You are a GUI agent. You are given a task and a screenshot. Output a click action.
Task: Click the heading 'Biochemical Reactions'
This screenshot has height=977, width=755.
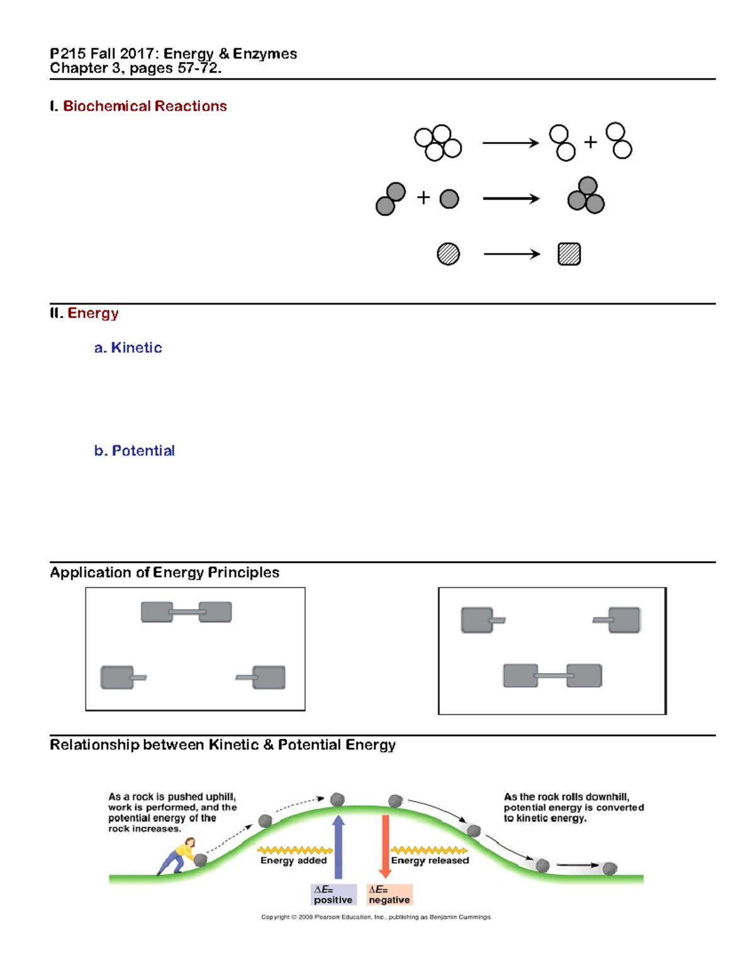[145, 106]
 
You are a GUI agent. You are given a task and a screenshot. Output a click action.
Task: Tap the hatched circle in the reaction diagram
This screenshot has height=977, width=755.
[448, 254]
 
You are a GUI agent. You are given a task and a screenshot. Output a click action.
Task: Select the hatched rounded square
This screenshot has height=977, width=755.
[569, 254]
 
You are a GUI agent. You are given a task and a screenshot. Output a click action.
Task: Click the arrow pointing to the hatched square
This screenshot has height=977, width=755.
[512, 254]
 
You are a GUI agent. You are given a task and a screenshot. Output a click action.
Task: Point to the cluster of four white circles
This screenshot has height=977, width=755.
[438, 143]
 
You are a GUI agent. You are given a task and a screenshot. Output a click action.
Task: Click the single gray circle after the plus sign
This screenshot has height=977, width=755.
[449, 199]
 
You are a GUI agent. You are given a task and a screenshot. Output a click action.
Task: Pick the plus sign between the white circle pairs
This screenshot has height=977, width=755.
[590, 142]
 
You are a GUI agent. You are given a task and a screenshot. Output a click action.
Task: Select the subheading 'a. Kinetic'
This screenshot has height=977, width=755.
[128, 348]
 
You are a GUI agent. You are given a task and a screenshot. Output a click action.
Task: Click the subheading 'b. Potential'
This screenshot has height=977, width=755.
[135, 451]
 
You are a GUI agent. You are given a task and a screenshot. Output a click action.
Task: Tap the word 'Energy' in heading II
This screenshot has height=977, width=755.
[93, 313]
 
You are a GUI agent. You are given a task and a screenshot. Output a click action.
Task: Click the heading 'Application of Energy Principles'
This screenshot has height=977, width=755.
[165, 572]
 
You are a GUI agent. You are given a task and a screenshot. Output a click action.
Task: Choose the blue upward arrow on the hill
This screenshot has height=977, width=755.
[338, 846]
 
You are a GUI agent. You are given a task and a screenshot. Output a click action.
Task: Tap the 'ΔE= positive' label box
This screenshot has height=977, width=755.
[333, 895]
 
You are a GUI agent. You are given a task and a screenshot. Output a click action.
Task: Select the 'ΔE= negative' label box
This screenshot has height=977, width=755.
[389, 895]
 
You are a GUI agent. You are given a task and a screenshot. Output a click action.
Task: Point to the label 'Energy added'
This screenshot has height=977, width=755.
[294, 861]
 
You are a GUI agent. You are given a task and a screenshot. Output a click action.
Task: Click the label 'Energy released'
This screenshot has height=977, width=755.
[430, 861]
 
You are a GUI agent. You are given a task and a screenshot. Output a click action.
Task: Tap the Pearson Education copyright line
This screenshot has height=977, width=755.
[376, 917]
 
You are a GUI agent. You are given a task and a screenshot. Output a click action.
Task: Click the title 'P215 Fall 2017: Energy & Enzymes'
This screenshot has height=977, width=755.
[174, 54]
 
